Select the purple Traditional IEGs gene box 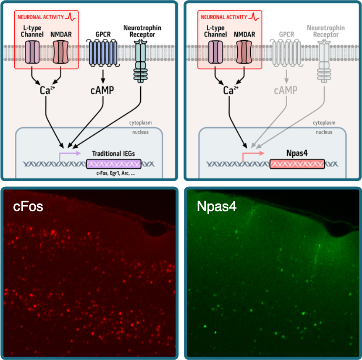pyautogui.click(x=113, y=164)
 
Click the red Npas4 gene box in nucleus pyautogui.click(x=297, y=164)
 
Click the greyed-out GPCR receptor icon pyautogui.click(x=286, y=52)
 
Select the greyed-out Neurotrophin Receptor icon pyautogui.click(x=324, y=59)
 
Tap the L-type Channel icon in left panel pyautogui.click(x=32, y=52)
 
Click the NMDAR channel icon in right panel pyautogui.click(x=243, y=52)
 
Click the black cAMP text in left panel pyautogui.click(x=102, y=90)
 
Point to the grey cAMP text pyautogui.click(x=286, y=90)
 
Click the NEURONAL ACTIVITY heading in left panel pyautogui.click(x=40, y=17)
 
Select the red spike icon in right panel pyautogui.click(x=254, y=17)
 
